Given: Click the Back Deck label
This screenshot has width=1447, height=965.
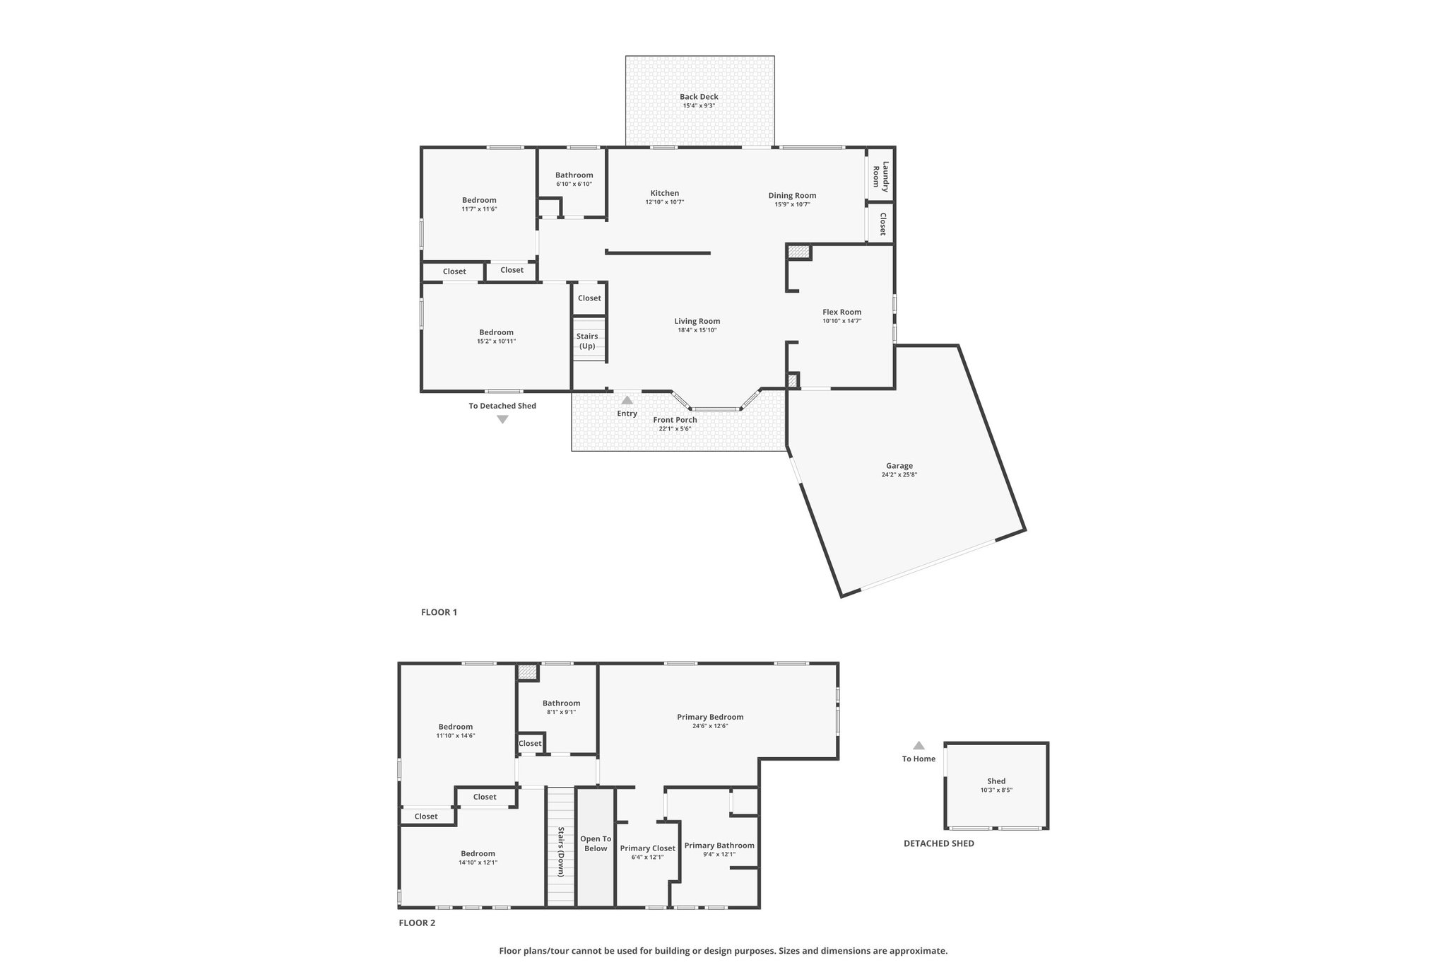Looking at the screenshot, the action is coord(699,97).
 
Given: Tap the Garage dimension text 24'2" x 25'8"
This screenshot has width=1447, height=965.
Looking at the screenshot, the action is coord(899,475).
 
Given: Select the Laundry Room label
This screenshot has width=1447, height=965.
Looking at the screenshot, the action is coord(880,176).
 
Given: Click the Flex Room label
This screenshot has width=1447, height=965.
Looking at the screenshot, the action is coord(841,312).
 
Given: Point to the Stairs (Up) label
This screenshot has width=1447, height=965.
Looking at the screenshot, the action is coord(587,341).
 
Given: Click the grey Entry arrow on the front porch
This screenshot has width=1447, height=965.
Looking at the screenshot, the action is coord(627,400).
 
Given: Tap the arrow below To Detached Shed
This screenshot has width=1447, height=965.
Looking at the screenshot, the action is coord(502,419).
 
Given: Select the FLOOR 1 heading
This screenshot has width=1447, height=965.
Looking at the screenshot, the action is coord(439,612).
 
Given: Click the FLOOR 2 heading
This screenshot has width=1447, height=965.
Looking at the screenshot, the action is coord(417,923).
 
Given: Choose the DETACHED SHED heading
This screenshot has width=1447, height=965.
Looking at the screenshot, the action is coord(938,843).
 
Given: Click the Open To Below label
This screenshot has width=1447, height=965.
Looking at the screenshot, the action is coord(596,843).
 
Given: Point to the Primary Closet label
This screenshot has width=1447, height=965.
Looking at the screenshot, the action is coord(647,848).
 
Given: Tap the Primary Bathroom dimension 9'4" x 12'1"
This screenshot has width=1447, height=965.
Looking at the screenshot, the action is coord(719,854).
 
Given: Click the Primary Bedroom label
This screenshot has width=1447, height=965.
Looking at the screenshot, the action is coord(710,717).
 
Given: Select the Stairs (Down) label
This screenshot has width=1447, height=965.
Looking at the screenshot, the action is coord(561,852).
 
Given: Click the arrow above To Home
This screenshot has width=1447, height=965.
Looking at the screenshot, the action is coord(919,745).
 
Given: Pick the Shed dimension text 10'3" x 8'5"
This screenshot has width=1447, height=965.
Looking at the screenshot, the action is coord(996,790).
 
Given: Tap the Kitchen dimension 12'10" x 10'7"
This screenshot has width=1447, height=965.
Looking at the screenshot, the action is coord(664,202).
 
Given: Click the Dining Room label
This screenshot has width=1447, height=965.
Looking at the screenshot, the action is coord(792,196).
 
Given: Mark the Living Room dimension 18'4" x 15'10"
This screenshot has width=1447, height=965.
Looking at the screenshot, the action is coord(697,330).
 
